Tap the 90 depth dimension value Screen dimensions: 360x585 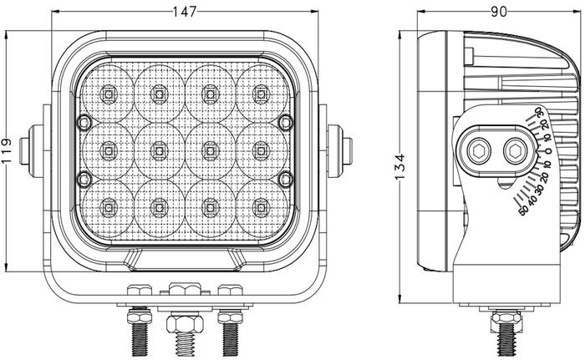pyautogui.click(x=499, y=11)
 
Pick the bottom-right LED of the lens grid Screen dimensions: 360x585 pyautogui.click(x=261, y=205)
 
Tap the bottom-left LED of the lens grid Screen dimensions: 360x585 pyautogui.click(x=109, y=205)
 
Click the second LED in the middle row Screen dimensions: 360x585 pyautogui.click(x=159, y=150)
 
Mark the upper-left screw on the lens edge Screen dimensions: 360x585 pyautogui.click(x=82, y=123)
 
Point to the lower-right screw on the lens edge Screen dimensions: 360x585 pyautogui.click(x=286, y=177)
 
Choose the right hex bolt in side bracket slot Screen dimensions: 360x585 pyautogui.click(x=516, y=150)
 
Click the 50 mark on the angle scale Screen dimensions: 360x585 pyautogui.click(x=524, y=210)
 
